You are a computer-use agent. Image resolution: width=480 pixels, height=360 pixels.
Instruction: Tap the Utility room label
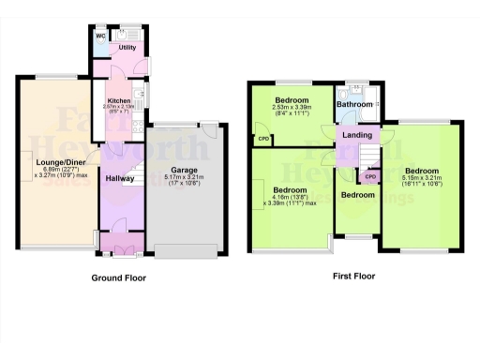(127, 47)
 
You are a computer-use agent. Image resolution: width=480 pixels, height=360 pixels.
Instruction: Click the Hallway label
(119, 178)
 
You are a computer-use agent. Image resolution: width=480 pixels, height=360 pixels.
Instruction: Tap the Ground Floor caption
(118, 277)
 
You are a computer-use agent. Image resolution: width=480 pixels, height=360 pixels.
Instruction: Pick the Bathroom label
(356, 105)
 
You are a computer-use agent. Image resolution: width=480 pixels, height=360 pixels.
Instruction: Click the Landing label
(356, 136)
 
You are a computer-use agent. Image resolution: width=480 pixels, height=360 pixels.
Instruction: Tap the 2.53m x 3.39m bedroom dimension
(292, 107)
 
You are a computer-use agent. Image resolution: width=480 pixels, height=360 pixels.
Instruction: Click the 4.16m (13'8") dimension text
(292, 196)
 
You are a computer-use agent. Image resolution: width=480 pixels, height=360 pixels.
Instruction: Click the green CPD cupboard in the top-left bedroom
(263, 141)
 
